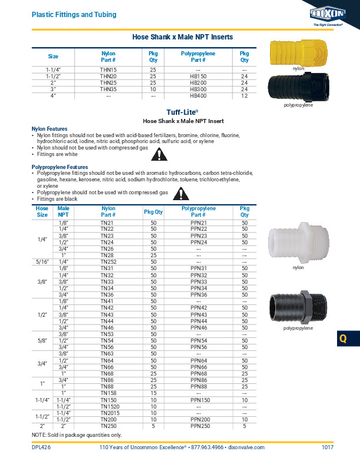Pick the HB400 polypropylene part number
click(x=198, y=95)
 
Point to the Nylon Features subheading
click(x=49, y=128)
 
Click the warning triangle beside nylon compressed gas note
click(x=158, y=155)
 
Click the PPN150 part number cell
click(x=198, y=400)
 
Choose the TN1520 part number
click(x=108, y=406)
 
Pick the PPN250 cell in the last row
click(x=198, y=426)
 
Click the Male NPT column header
click(x=64, y=211)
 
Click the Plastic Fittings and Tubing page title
click(x=74, y=14)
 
